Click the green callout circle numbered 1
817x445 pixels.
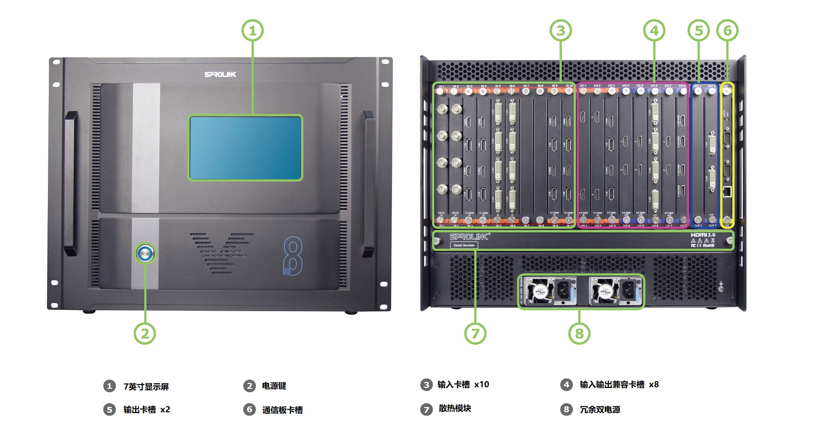coord(253,30)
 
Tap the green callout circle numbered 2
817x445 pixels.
coord(145,334)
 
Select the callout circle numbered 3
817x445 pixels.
coord(561,30)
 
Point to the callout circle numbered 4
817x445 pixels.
coord(654,30)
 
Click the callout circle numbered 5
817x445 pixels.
coord(699,30)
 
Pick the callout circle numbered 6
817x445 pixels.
coord(727,30)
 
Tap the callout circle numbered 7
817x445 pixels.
coord(475,334)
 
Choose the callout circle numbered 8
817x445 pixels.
coord(579,334)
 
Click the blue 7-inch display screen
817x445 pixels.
coord(245,148)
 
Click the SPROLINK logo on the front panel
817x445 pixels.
coord(220,74)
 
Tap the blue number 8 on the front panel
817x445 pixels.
coord(293,256)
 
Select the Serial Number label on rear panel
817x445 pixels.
coord(464,245)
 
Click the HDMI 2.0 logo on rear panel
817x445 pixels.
coord(703,235)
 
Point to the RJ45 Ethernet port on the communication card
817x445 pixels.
coord(727,192)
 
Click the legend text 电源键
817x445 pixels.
coord(274,386)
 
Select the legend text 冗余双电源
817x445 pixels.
coord(600,410)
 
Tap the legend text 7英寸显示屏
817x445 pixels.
coord(146,386)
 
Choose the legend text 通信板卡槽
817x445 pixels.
coord(282,410)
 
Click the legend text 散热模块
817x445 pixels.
coord(455,408)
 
